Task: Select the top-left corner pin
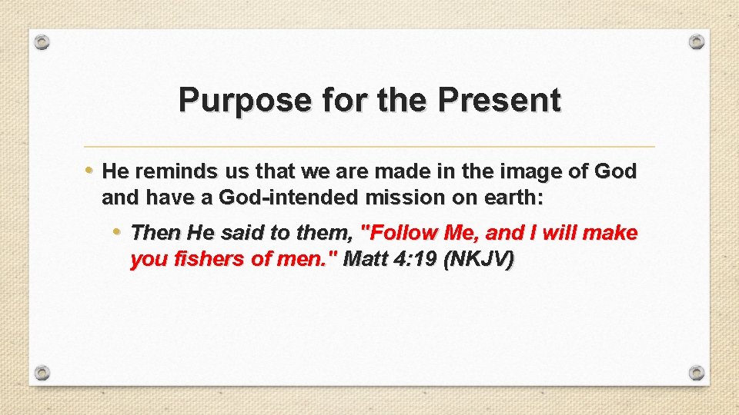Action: click(x=43, y=41)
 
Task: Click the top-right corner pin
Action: click(x=696, y=41)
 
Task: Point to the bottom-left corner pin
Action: click(x=43, y=373)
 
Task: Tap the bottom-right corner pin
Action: click(x=696, y=373)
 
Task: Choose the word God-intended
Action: click(x=289, y=198)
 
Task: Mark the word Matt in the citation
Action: click(x=366, y=259)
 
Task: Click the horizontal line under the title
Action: click(x=369, y=146)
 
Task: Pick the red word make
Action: click(x=613, y=232)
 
